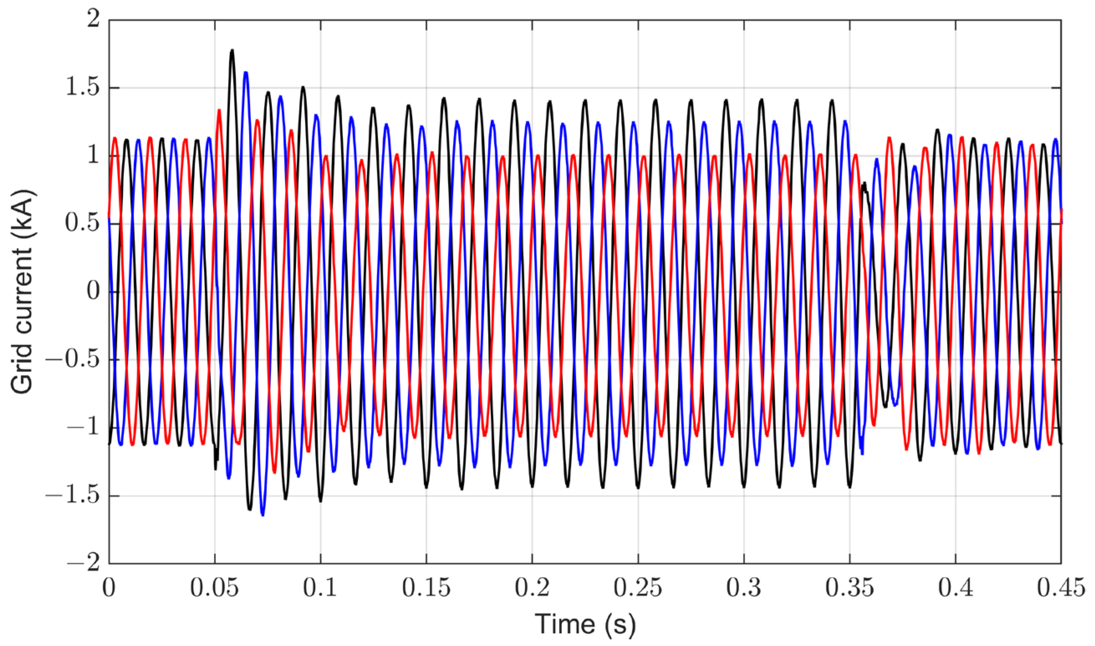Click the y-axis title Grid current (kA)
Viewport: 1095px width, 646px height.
coord(23,291)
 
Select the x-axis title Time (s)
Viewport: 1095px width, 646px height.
coord(585,624)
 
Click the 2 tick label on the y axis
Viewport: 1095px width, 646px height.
coord(93,20)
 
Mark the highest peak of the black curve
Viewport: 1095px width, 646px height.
coord(232,51)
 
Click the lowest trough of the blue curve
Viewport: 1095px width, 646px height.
coord(262,515)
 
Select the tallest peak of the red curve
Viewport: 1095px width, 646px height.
coord(219,110)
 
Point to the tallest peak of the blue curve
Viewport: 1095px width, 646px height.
coord(246,72)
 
